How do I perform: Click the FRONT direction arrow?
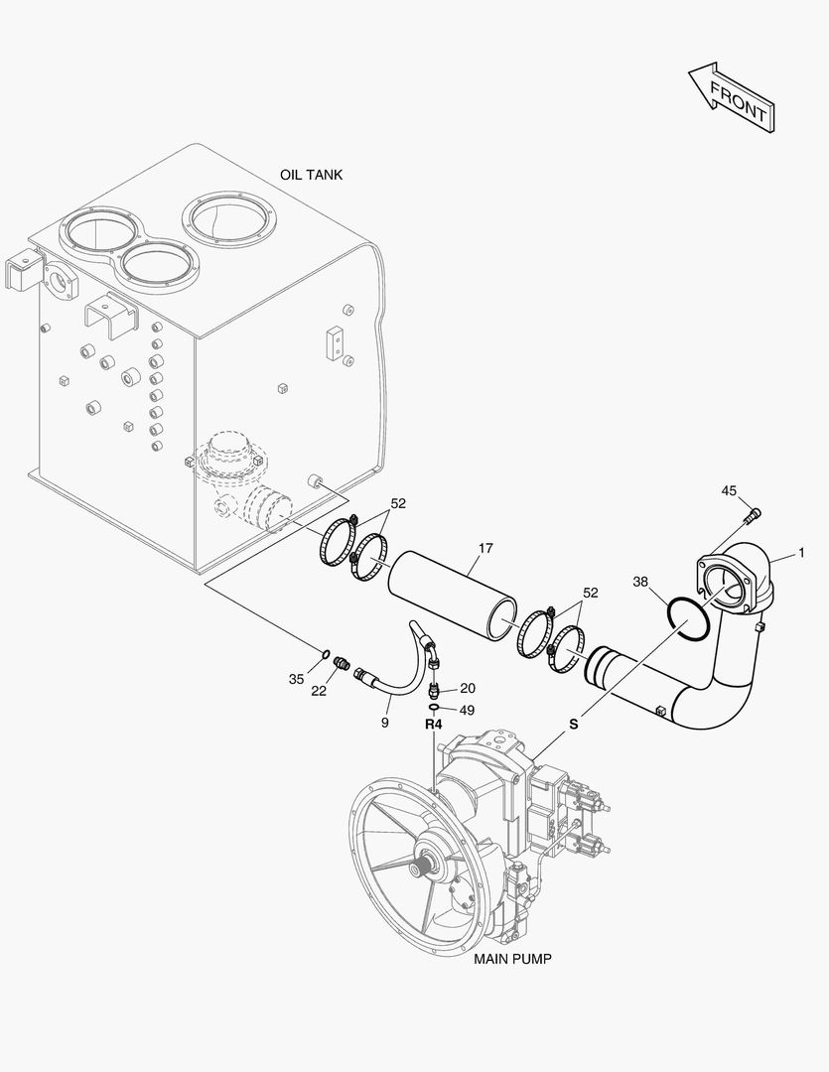(730, 96)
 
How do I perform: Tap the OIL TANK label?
(311, 175)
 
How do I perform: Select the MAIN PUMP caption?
(512, 959)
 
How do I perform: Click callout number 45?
(729, 490)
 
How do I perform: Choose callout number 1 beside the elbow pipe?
(801, 552)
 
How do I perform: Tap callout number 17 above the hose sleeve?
(485, 548)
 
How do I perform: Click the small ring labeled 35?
(325, 653)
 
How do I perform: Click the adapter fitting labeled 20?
(434, 688)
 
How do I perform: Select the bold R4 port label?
(433, 725)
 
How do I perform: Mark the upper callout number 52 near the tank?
(398, 503)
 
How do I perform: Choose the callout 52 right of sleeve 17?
(591, 593)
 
